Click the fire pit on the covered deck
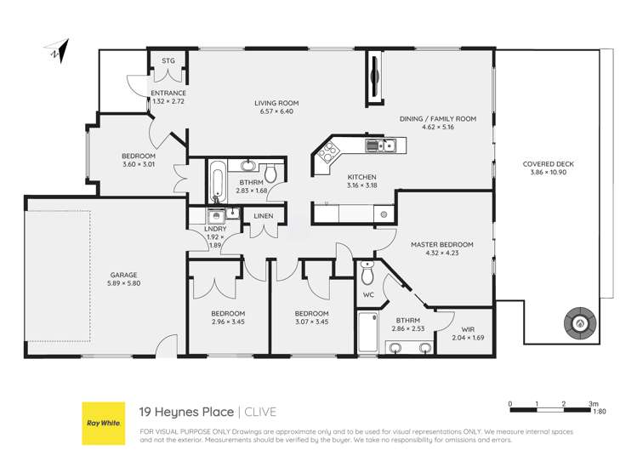click(581, 323)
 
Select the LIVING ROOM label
click(276, 104)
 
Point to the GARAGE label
click(122, 275)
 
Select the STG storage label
click(168, 61)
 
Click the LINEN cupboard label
click(264, 217)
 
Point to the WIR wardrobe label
click(468, 328)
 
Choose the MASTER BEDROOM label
click(441, 245)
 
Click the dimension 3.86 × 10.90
click(549, 172)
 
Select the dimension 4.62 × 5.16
click(438, 128)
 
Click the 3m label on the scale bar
click(593, 402)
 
